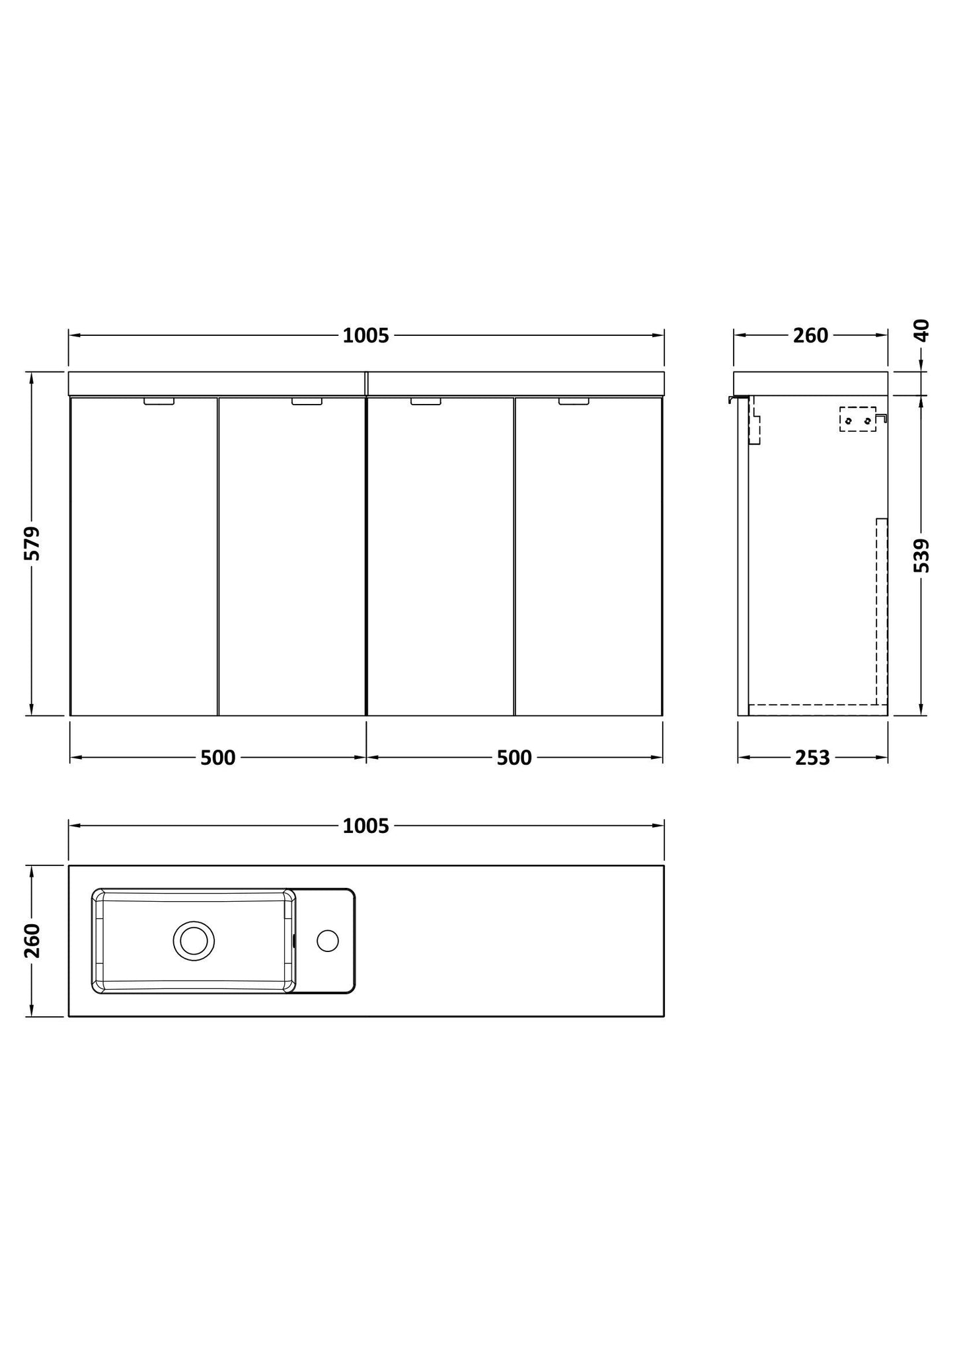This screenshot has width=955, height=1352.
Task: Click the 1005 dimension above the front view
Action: pyautogui.click(x=365, y=336)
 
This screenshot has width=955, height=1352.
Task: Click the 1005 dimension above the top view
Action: pyautogui.click(x=365, y=826)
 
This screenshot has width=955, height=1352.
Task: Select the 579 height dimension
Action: pyautogui.click(x=32, y=543)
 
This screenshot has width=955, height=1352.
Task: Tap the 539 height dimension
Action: pyautogui.click(x=923, y=555)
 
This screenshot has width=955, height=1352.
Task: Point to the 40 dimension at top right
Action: pyautogui.click(x=923, y=329)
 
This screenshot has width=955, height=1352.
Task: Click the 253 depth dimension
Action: pyautogui.click(x=812, y=758)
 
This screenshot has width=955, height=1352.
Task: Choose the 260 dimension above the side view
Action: pyautogui.click(x=810, y=336)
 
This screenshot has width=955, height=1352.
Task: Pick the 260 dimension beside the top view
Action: pyautogui.click(x=32, y=941)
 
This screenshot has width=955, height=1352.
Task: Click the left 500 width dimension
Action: pyautogui.click(x=217, y=758)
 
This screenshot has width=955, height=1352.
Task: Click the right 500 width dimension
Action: pyautogui.click(x=514, y=758)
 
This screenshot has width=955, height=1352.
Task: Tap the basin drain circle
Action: pyautogui.click(x=194, y=940)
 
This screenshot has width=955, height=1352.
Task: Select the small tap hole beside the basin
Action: pyautogui.click(x=327, y=940)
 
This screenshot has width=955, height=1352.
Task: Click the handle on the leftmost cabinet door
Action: pyautogui.click(x=159, y=401)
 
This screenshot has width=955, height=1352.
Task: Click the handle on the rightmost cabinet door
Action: pyautogui.click(x=573, y=401)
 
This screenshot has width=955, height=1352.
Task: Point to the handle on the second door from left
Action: pyautogui.click(x=307, y=401)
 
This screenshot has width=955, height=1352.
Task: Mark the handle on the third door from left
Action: pyautogui.click(x=426, y=401)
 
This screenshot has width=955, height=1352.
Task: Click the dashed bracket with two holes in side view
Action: pyautogui.click(x=858, y=420)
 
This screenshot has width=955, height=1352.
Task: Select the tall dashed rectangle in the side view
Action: pyautogui.click(x=881, y=612)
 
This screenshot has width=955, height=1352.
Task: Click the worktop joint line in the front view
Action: pyautogui.click(x=366, y=383)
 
